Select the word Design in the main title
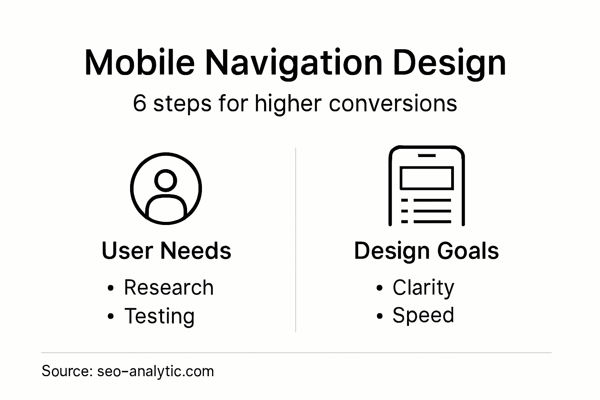click(450, 62)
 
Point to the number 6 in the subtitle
click(139, 104)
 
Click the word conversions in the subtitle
click(393, 104)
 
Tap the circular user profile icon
click(166, 189)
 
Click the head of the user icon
click(166, 180)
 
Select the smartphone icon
click(426, 186)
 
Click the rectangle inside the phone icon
click(426, 178)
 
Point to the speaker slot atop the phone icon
click(426, 155)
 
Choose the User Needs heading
click(166, 250)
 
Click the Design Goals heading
click(426, 250)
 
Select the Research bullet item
click(169, 288)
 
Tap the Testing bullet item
click(159, 316)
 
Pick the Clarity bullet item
click(423, 288)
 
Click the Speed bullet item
click(423, 315)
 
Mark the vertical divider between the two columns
click(296, 240)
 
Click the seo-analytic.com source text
click(155, 371)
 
